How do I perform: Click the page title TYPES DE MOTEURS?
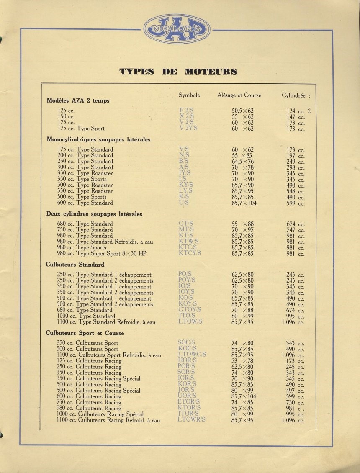point(178,71)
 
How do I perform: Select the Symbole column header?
point(189,95)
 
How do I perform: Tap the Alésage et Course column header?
point(239,95)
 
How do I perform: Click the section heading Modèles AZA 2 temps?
point(78,100)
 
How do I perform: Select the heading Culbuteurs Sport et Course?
point(85,333)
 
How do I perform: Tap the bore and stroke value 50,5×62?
point(243,111)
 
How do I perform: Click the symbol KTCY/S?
point(190,253)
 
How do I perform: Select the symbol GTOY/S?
point(190,310)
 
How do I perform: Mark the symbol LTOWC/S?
point(192,355)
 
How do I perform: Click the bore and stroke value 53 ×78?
point(242,361)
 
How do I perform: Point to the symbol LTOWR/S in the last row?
point(191,420)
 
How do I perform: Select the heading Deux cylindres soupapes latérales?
point(94,214)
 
